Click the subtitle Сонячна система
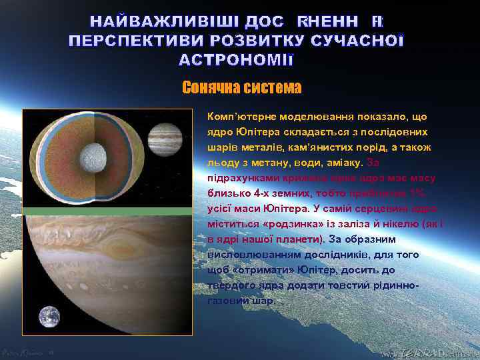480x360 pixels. point(241,88)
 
